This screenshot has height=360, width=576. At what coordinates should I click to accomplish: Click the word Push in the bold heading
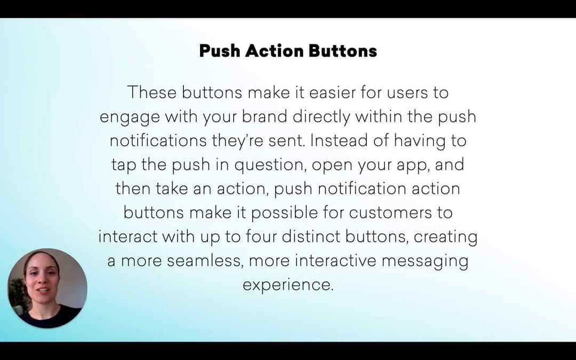tap(220, 51)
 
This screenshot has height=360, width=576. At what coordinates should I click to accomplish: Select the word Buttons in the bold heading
tap(343, 51)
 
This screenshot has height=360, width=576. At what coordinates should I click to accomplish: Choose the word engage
tap(130, 117)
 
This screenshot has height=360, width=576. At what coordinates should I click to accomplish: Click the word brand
tap(264, 116)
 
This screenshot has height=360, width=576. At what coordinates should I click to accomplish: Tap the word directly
tap(322, 117)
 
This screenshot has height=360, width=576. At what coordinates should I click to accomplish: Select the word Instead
tap(339, 140)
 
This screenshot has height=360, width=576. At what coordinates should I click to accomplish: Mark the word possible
tap(284, 213)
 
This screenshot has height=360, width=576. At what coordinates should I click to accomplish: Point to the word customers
tap(390, 213)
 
